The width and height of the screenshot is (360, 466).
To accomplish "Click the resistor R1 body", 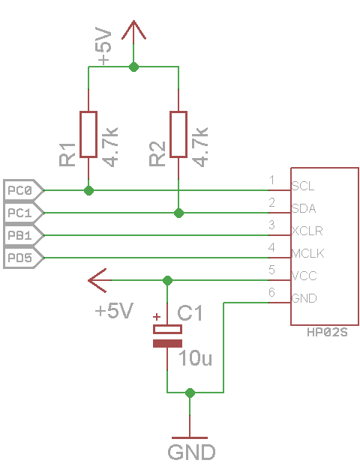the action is tap(88, 134).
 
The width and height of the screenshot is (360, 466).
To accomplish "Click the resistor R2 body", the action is tap(178, 134).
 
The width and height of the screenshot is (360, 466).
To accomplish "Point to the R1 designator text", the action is tap(67, 154).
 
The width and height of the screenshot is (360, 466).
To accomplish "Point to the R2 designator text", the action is tap(157, 154).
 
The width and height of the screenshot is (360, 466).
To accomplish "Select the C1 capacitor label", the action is tap(190, 312).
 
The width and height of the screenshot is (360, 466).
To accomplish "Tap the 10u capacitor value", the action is tap(195, 358).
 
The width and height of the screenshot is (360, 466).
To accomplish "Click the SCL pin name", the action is tap(303, 187).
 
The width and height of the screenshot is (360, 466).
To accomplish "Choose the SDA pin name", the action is tap(304, 208).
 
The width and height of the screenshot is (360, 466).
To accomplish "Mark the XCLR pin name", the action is tap(307, 231).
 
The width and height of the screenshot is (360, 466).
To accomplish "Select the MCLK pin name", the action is tap(307, 253).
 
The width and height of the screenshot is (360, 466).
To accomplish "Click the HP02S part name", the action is tap(327, 332).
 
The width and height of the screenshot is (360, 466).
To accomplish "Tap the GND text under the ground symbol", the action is tap(191, 452).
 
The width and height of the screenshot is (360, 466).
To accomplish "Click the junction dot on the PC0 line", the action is tap(88, 190).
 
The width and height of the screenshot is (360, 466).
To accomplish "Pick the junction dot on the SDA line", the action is tap(178, 213).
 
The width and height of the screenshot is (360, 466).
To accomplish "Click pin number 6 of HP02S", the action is tap(271, 292).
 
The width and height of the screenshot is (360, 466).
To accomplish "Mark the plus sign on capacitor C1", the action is tap(157, 317).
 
